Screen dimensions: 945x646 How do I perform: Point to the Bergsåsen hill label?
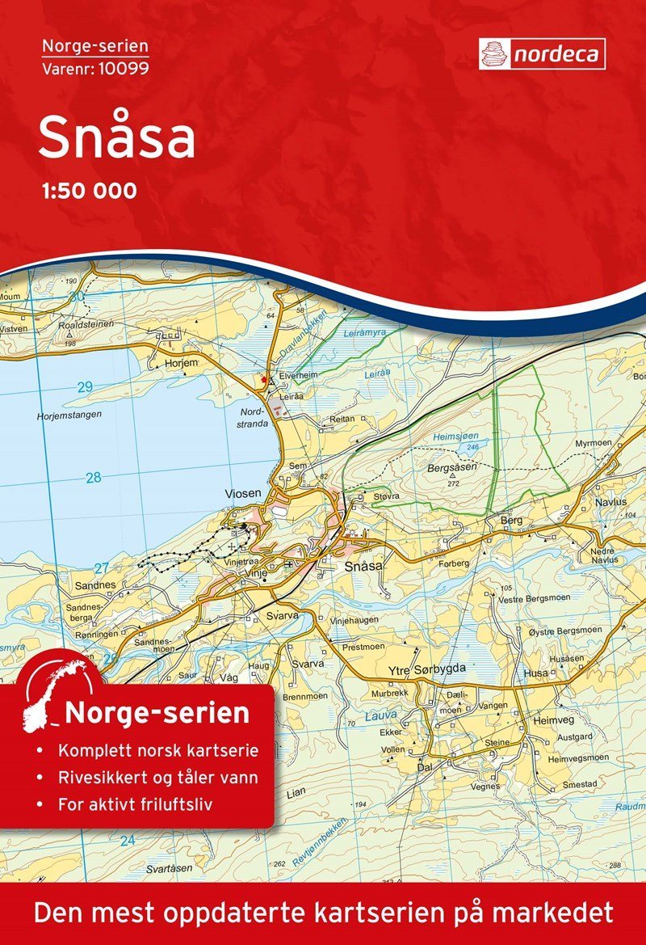(x=453, y=468)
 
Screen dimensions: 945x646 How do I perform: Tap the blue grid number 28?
(x=94, y=478)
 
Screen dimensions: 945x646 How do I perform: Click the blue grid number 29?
(x=86, y=387)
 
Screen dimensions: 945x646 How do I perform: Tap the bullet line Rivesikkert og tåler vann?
(x=158, y=778)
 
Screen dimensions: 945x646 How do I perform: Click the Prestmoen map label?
(x=363, y=647)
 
